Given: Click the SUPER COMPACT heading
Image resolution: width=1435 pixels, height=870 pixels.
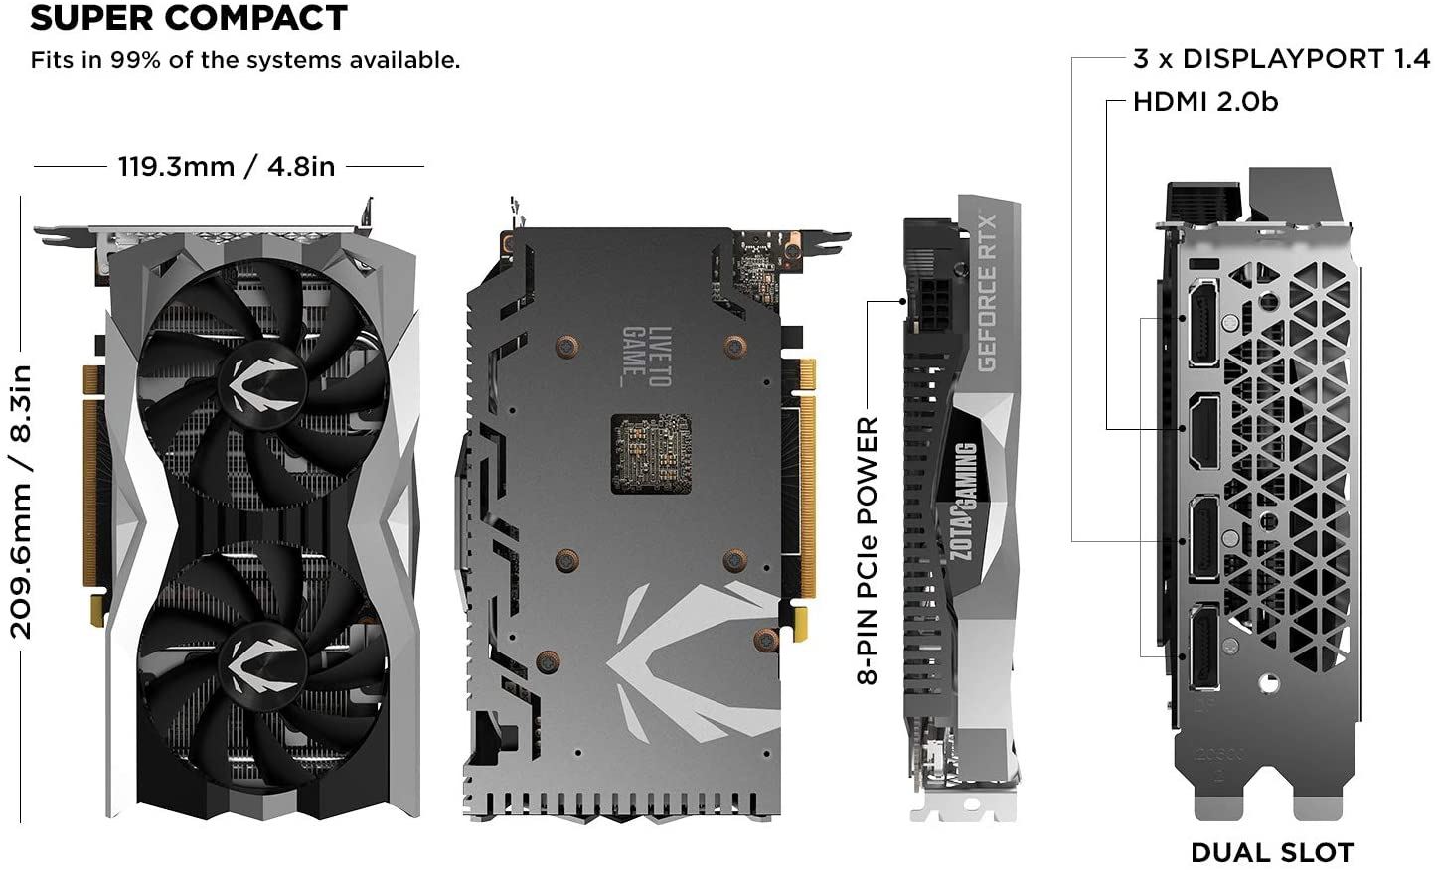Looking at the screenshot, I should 189,18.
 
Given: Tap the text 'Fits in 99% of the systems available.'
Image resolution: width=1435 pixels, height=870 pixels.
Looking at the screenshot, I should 245,60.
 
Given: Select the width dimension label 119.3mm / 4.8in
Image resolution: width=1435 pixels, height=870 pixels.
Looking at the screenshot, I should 227,166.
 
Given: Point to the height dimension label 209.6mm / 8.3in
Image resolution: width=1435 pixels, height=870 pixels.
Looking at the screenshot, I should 22,502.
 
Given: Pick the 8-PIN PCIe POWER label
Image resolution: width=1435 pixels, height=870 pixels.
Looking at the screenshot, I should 868,551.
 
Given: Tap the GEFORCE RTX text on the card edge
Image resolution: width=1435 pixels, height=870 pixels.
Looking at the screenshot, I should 987,292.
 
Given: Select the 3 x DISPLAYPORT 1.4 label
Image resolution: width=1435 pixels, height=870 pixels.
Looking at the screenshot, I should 1281,59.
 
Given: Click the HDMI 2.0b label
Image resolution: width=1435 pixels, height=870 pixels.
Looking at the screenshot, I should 1205,102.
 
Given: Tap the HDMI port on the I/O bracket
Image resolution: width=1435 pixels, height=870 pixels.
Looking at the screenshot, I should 1203,431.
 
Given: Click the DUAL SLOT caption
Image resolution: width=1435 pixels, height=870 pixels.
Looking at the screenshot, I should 1272,852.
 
